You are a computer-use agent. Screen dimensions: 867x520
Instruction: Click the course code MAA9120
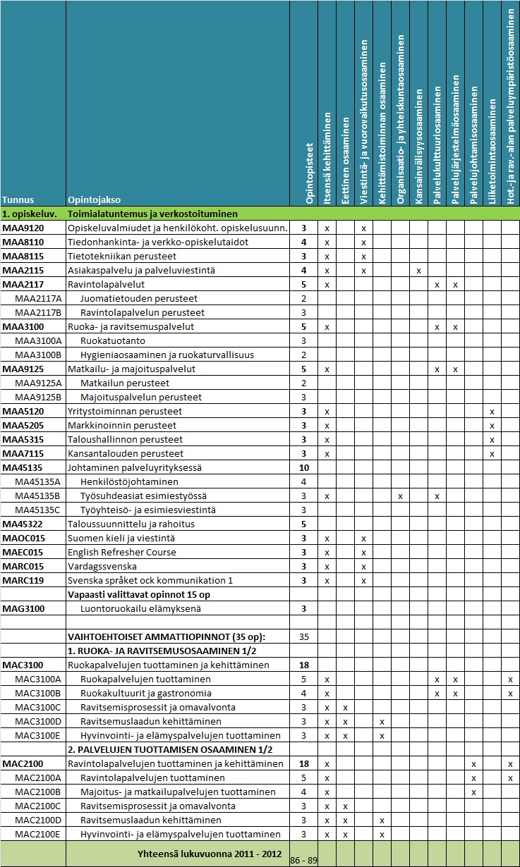point(23,228)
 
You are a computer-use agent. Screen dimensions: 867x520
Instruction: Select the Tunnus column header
point(18,199)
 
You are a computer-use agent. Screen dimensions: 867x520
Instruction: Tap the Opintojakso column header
point(92,199)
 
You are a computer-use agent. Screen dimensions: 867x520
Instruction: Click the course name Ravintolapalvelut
point(106,284)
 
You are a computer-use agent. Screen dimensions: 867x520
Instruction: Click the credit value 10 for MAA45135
point(304,467)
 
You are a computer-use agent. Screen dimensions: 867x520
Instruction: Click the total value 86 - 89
point(304,861)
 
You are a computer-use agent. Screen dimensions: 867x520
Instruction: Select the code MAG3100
point(23,608)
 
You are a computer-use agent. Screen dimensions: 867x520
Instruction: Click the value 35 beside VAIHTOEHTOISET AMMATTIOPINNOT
point(304,637)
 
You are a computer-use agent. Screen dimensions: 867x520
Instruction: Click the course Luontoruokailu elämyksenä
point(140,608)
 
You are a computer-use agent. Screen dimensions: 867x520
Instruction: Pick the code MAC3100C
point(38,707)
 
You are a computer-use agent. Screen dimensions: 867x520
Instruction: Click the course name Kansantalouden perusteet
point(125,453)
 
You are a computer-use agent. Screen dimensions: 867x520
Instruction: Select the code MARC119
point(23,580)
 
